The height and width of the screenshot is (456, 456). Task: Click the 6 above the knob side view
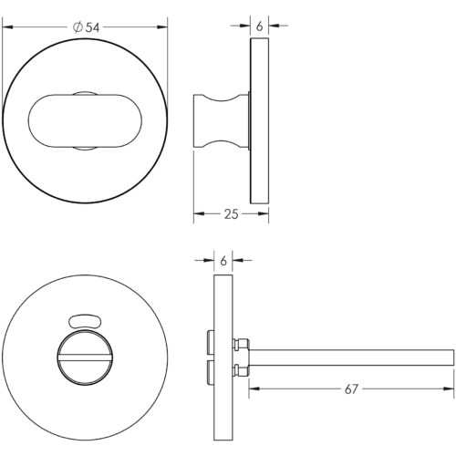click(x=260, y=27)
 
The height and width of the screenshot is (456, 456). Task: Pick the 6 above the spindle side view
click(x=223, y=262)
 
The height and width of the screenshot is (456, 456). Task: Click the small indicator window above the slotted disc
click(x=85, y=319)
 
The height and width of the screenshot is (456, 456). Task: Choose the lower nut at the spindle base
click(x=244, y=369)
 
